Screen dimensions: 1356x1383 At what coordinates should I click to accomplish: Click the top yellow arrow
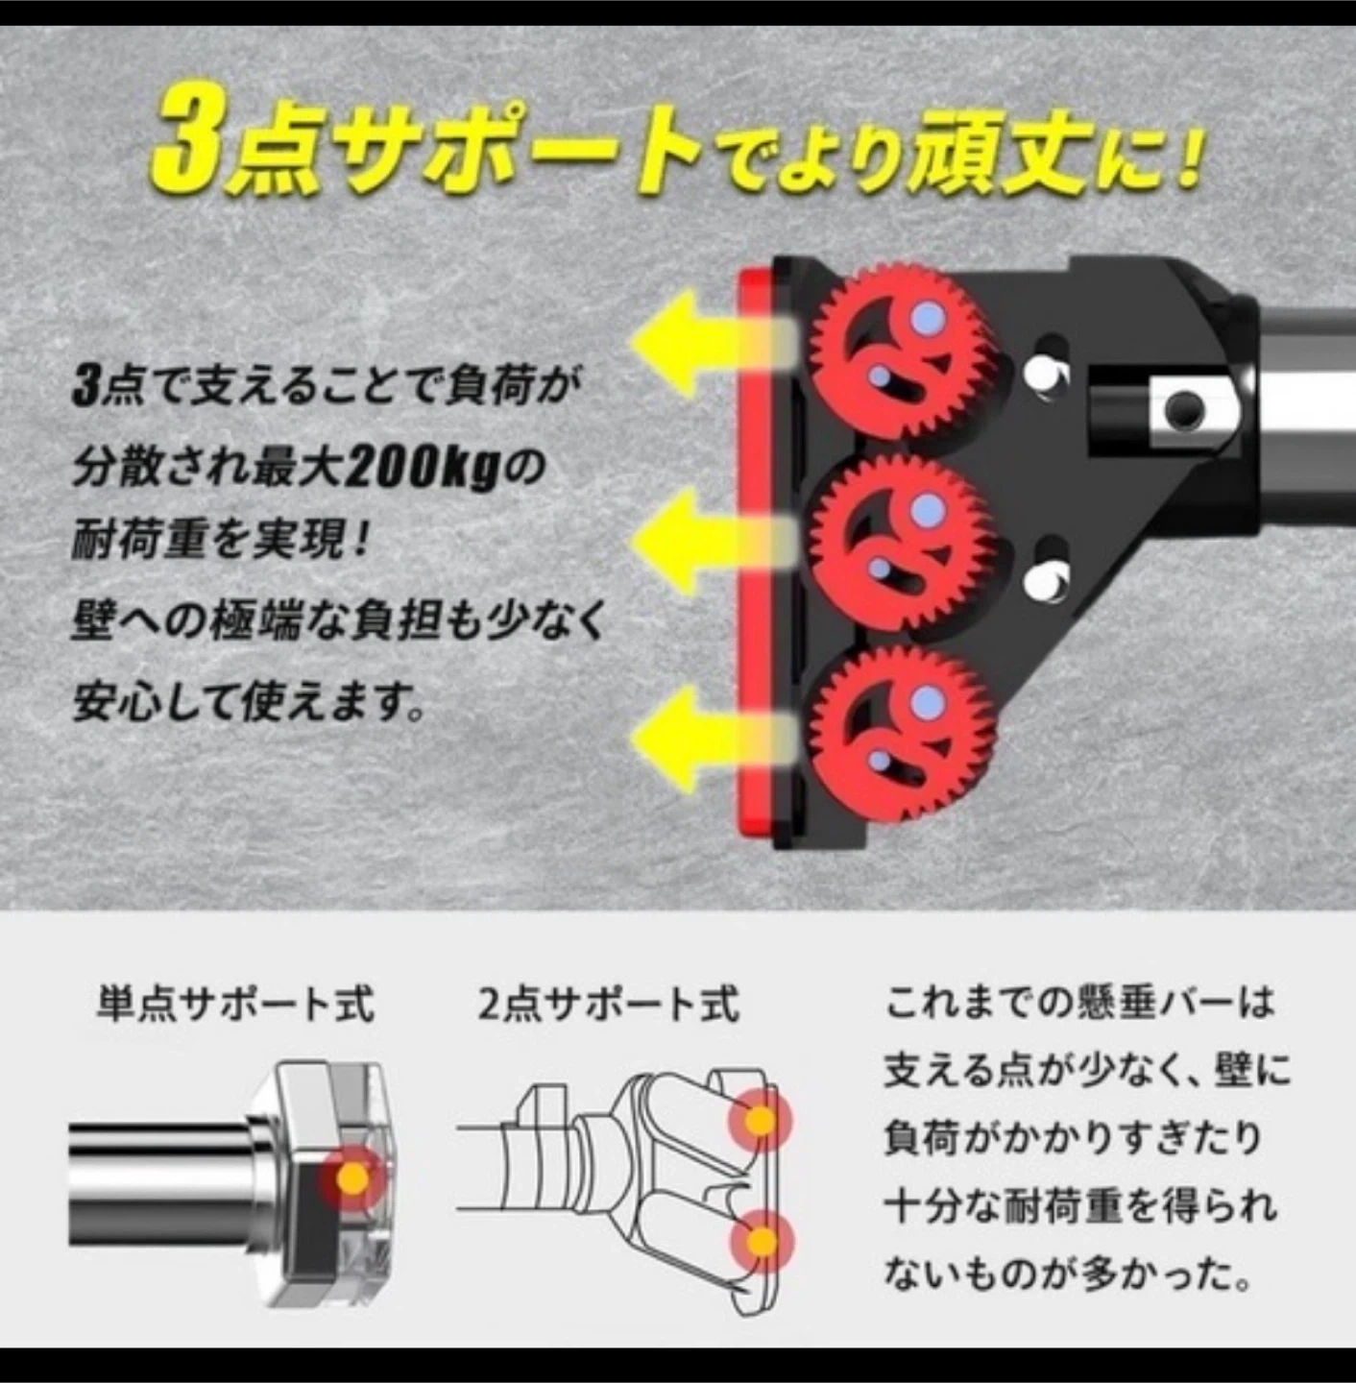(x=711, y=343)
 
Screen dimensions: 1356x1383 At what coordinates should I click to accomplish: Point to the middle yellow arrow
(x=711, y=542)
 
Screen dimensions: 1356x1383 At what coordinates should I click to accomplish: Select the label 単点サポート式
(x=234, y=1003)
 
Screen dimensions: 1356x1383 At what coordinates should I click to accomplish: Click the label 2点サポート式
(x=608, y=1003)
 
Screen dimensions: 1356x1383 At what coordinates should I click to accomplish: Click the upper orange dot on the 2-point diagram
(x=761, y=1120)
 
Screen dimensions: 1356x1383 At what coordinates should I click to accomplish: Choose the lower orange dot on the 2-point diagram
(x=763, y=1240)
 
